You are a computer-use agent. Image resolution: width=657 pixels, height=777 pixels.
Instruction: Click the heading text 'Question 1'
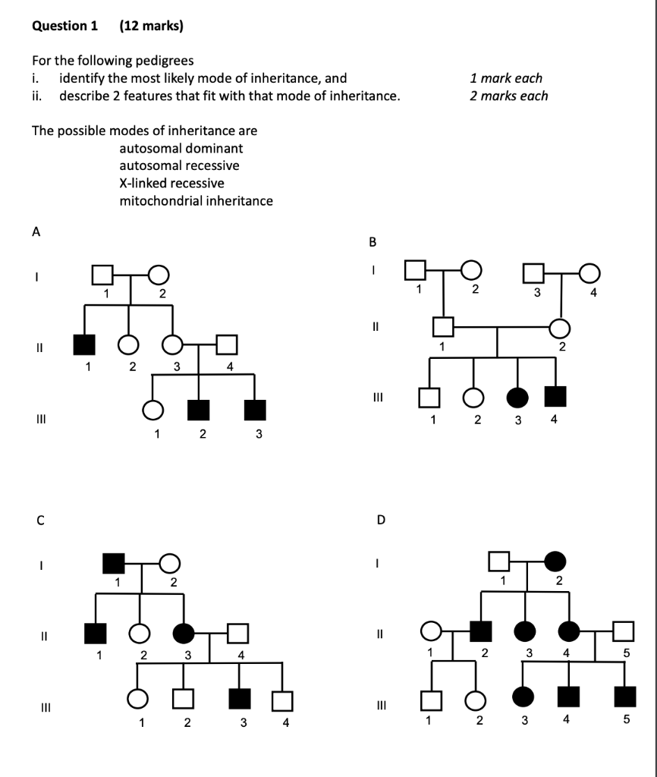tap(65, 26)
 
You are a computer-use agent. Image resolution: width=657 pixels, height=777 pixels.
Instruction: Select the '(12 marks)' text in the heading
tap(152, 26)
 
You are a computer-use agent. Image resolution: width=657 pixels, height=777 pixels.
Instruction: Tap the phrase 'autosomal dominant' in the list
tap(181, 149)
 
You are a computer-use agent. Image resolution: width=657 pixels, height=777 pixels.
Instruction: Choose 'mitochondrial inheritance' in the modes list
tap(196, 201)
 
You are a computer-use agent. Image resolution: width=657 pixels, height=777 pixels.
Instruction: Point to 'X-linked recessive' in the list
tap(171, 184)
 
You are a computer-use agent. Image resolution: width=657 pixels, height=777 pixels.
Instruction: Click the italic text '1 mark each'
tap(506, 78)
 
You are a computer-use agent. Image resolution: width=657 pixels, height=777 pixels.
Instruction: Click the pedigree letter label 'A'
tap(36, 234)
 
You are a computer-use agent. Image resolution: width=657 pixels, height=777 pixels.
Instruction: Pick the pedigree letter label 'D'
tap(382, 521)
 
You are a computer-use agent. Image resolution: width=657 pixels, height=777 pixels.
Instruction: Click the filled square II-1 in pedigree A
tap(84, 344)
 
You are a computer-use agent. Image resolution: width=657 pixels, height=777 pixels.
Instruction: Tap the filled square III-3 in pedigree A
tap(255, 410)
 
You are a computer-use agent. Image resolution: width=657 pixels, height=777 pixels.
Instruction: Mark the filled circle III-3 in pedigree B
tap(517, 397)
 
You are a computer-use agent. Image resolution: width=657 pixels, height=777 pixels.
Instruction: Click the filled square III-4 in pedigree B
tap(556, 396)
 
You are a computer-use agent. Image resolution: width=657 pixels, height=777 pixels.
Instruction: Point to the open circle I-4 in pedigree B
tap(590, 270)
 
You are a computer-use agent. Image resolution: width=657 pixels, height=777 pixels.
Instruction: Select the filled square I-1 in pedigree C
tap(114, 563)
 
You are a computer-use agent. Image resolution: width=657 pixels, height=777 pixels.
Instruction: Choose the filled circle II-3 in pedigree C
tap(184, 631)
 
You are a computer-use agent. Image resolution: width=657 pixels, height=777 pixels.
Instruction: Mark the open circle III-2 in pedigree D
tap(476, 698)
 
